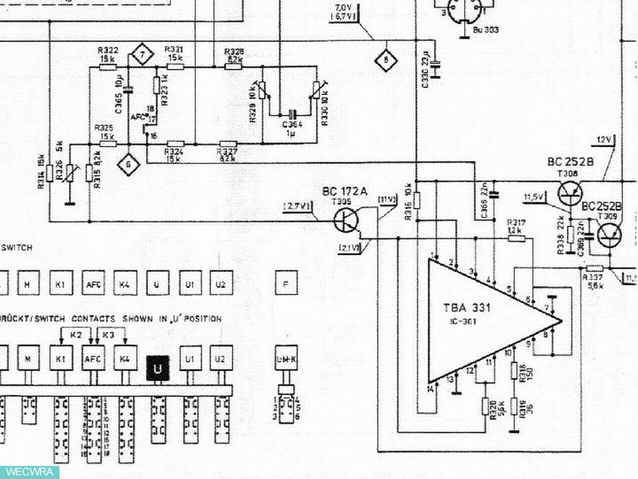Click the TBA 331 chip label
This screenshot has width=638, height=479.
(467, 307)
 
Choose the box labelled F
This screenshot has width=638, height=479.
(286, 284)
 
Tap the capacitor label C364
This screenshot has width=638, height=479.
(292, 124)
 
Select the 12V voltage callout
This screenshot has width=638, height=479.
(604, 139)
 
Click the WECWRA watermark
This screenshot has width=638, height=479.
(29, 472)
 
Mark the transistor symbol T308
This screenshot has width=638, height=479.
(570, 193)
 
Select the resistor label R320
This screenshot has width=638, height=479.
(493, 409)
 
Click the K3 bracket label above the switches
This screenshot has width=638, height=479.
(109, 335)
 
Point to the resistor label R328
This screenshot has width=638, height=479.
(233, 51)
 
